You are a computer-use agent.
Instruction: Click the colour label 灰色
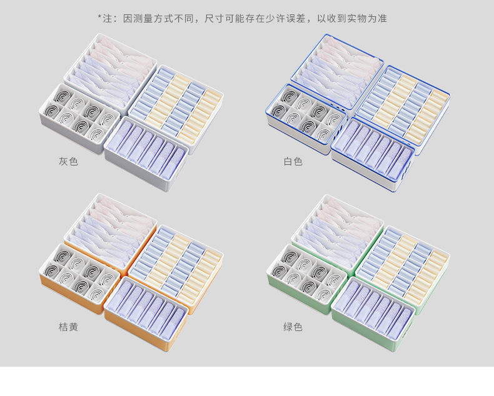68,162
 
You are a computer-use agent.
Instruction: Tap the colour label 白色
293,162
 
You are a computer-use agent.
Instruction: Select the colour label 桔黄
68,327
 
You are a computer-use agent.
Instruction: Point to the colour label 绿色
293,327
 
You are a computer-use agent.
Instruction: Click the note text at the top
243,18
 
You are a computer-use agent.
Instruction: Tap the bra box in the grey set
111,70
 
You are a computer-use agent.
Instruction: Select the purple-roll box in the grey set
146,150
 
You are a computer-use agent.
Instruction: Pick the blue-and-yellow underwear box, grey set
176,103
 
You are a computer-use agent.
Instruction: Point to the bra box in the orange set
111,229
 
